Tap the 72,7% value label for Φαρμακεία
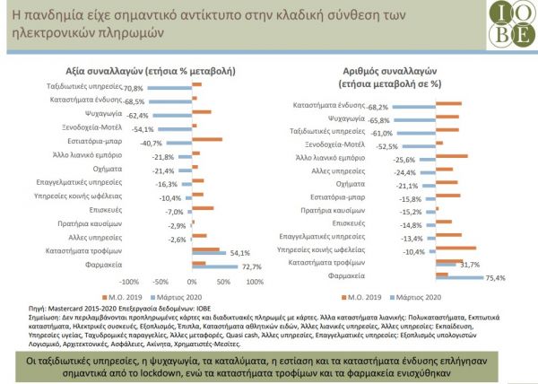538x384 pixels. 251,266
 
